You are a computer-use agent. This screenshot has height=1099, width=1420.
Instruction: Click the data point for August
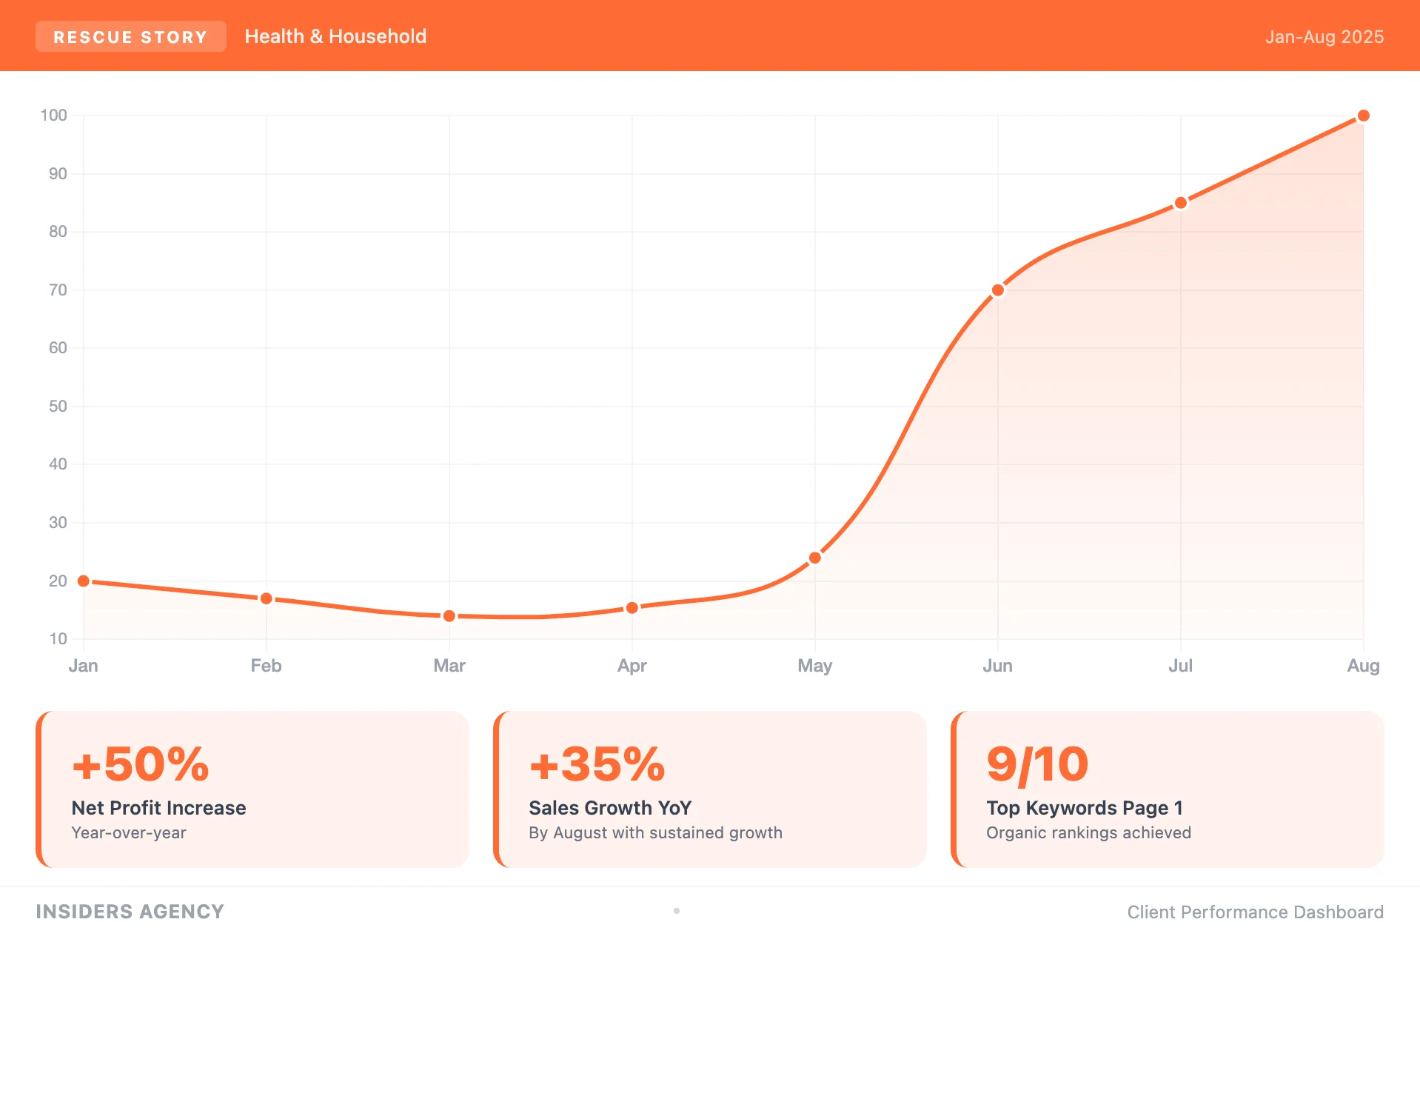point(1363,116)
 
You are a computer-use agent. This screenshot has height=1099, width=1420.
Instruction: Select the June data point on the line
point(997,290)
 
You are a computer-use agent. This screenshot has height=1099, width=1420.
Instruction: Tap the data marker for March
point(449,616)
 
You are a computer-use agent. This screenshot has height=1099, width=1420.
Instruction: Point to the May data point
point(814,558)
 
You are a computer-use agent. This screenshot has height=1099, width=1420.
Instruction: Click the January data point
point(84,581)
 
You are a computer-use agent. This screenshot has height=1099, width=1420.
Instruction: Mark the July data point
point(1180,203)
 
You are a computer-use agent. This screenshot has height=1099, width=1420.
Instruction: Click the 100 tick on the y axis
point(53,116)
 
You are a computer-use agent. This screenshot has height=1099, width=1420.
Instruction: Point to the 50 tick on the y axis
point(58,407)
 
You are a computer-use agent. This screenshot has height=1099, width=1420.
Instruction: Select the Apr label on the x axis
point(632,666)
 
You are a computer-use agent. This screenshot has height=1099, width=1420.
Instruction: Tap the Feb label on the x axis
point(266,666)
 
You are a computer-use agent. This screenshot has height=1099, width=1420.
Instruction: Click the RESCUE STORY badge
point(130,37)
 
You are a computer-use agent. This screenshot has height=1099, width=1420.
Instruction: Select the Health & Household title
point(335,36)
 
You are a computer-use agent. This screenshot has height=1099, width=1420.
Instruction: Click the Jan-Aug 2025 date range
point(1324,37)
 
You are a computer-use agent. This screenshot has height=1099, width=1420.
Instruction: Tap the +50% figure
point(141,764)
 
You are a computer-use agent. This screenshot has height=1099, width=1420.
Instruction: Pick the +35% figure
point(597,764)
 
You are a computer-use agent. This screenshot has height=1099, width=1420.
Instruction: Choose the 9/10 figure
point(1037,764)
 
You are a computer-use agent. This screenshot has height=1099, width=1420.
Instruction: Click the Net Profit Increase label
point(158,808)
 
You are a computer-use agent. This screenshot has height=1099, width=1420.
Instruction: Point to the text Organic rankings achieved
point(1088,833)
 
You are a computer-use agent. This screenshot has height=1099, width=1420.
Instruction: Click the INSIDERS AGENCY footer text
point(130,912)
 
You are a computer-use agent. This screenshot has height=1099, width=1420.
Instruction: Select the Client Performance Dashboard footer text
point(1255,912)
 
